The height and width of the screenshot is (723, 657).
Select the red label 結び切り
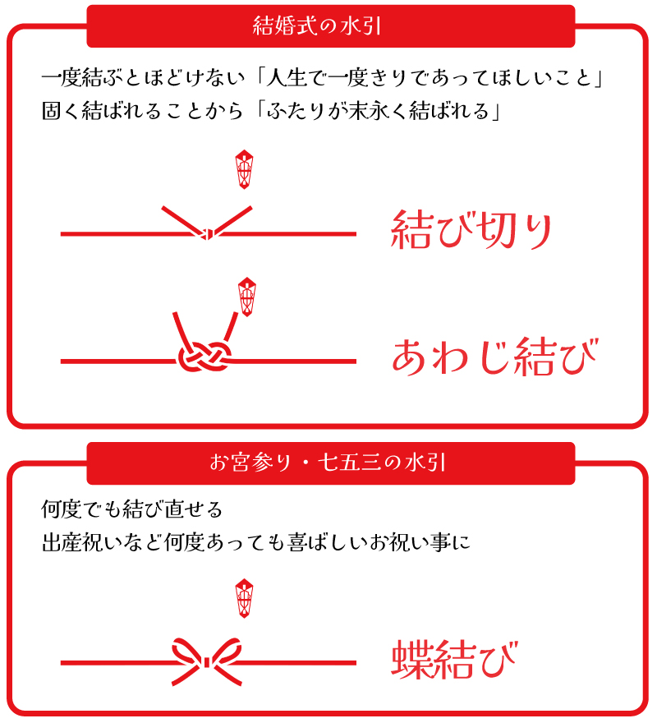point(471,230)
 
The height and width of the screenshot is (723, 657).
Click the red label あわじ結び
point(494,356)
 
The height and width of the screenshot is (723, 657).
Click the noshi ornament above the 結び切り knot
point(244,168)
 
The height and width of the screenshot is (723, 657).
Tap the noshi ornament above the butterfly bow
point(244,598)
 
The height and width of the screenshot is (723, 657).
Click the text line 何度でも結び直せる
point(132,509)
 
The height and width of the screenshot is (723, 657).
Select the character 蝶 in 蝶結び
point(412,658)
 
